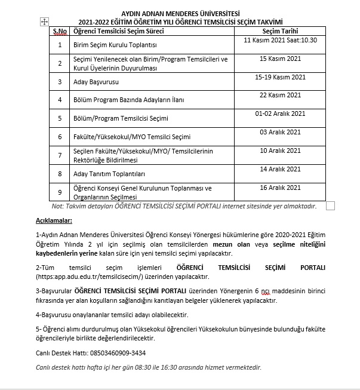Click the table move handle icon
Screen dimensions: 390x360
point(43,21)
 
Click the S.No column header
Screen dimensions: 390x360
point(60,30)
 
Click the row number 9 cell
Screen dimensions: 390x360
point(60,192)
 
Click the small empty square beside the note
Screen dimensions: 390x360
point(330,206)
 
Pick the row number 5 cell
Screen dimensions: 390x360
point(60,118)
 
